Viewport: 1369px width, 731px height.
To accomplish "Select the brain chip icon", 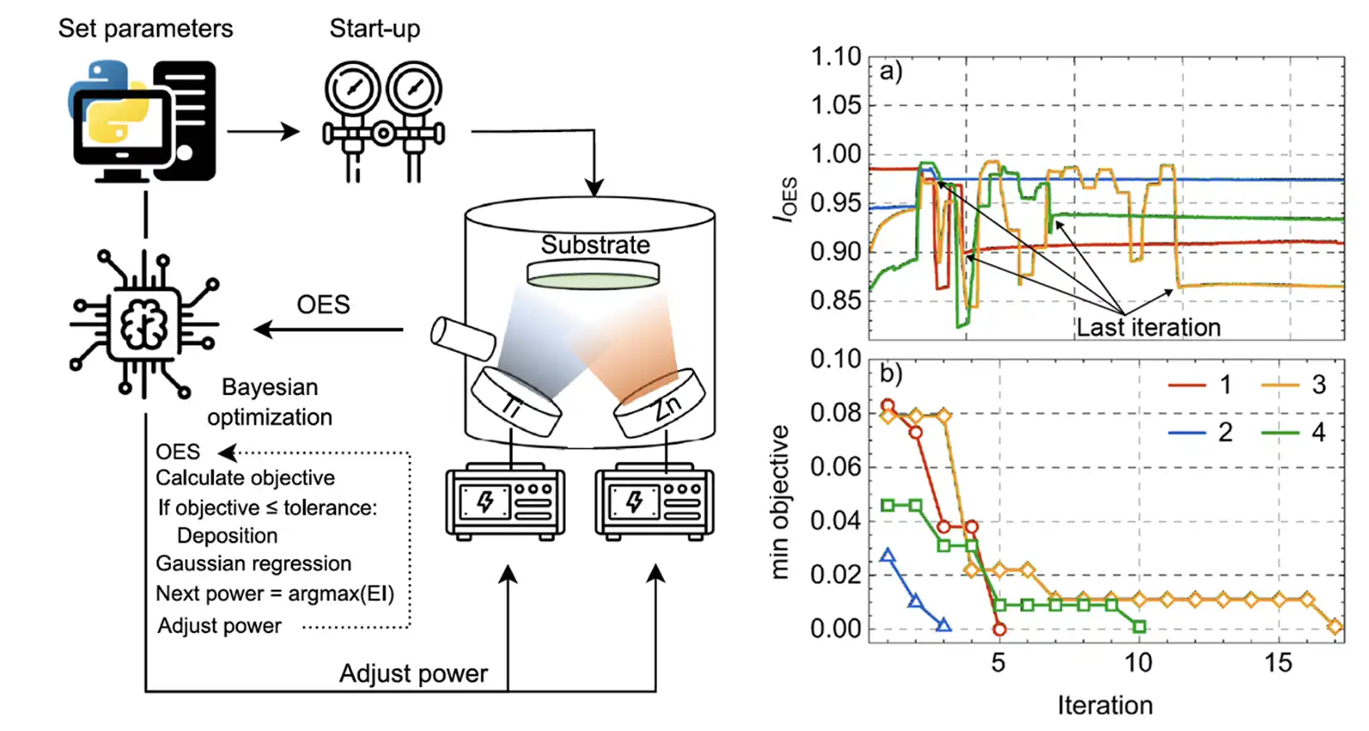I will click(x=144, y=324).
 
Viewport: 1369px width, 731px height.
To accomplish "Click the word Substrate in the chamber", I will click(x=595, y=246).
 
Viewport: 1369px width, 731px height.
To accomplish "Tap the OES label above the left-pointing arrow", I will click(x=323, y=305).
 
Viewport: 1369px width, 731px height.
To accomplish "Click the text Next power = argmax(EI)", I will click(x=275, y=594).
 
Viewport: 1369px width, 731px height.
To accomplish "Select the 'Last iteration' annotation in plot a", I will click(x=1148, y=328).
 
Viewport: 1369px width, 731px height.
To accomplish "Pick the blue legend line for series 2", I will click(x=1187, y=432).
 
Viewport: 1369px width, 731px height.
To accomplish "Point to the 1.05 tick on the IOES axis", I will click(x=836, y=105).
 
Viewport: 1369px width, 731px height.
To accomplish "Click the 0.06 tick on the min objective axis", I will click(x=836, y=467).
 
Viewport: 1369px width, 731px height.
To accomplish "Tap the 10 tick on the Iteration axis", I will click(x=1138, y=663).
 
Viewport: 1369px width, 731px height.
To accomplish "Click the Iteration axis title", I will click(x=1104, y=705).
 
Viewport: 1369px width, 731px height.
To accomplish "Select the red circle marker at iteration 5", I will click(x=999, y=630).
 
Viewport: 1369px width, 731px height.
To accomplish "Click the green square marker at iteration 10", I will click(x=1139, y=626).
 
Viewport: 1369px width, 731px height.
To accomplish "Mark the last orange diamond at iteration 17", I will click(x=1335, y=626).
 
